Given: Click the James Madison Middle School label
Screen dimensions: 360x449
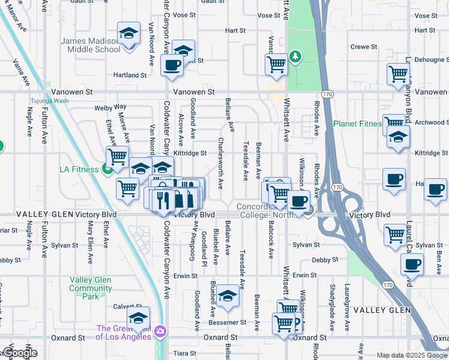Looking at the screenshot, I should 91,45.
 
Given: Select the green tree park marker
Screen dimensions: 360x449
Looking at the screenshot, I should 295,57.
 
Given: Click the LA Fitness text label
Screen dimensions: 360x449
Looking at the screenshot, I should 79,169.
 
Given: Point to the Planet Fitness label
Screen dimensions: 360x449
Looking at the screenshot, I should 357,124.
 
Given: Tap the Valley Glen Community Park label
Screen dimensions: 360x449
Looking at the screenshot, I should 91,288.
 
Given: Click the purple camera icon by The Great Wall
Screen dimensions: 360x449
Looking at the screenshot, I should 160,331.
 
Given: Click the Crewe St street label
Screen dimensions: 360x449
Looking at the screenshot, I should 363,46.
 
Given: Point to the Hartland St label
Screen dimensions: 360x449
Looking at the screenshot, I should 130,75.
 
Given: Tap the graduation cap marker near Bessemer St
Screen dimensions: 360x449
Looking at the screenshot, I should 228,296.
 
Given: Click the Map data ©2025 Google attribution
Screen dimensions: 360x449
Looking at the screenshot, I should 411,355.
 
